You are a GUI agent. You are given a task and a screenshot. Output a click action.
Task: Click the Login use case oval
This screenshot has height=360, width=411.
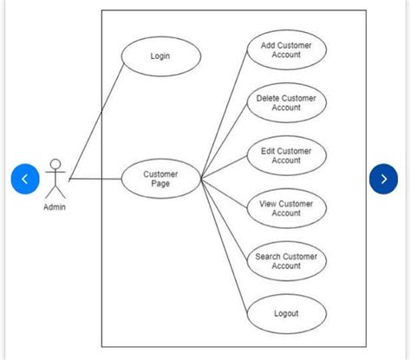[160, 56]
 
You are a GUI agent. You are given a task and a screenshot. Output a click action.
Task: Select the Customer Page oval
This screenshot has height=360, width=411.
[160, 179]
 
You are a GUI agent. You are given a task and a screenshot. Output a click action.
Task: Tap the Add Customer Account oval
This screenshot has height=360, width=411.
[286, 50]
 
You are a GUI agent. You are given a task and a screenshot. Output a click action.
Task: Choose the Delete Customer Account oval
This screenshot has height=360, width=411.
[286, 103]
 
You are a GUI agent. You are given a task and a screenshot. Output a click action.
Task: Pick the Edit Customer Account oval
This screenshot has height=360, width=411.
[286, 155]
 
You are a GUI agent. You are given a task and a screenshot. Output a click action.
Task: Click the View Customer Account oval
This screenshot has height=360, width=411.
[286, 208]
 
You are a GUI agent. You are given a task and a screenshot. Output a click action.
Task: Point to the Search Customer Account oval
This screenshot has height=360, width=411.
[286, 261]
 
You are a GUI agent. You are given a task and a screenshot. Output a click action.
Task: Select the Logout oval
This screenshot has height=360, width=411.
[286, 314]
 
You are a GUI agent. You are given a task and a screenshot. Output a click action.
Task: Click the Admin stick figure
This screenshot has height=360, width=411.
[55, 180]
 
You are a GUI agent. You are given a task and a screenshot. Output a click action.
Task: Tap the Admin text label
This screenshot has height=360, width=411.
[55, 206]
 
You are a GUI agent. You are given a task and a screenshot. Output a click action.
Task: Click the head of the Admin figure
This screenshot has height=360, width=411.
[55, 164]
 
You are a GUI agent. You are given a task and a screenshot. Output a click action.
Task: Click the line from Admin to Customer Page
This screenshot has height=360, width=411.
[95, 180]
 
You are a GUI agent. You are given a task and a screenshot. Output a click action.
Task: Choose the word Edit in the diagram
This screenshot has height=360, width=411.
[269, 151]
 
